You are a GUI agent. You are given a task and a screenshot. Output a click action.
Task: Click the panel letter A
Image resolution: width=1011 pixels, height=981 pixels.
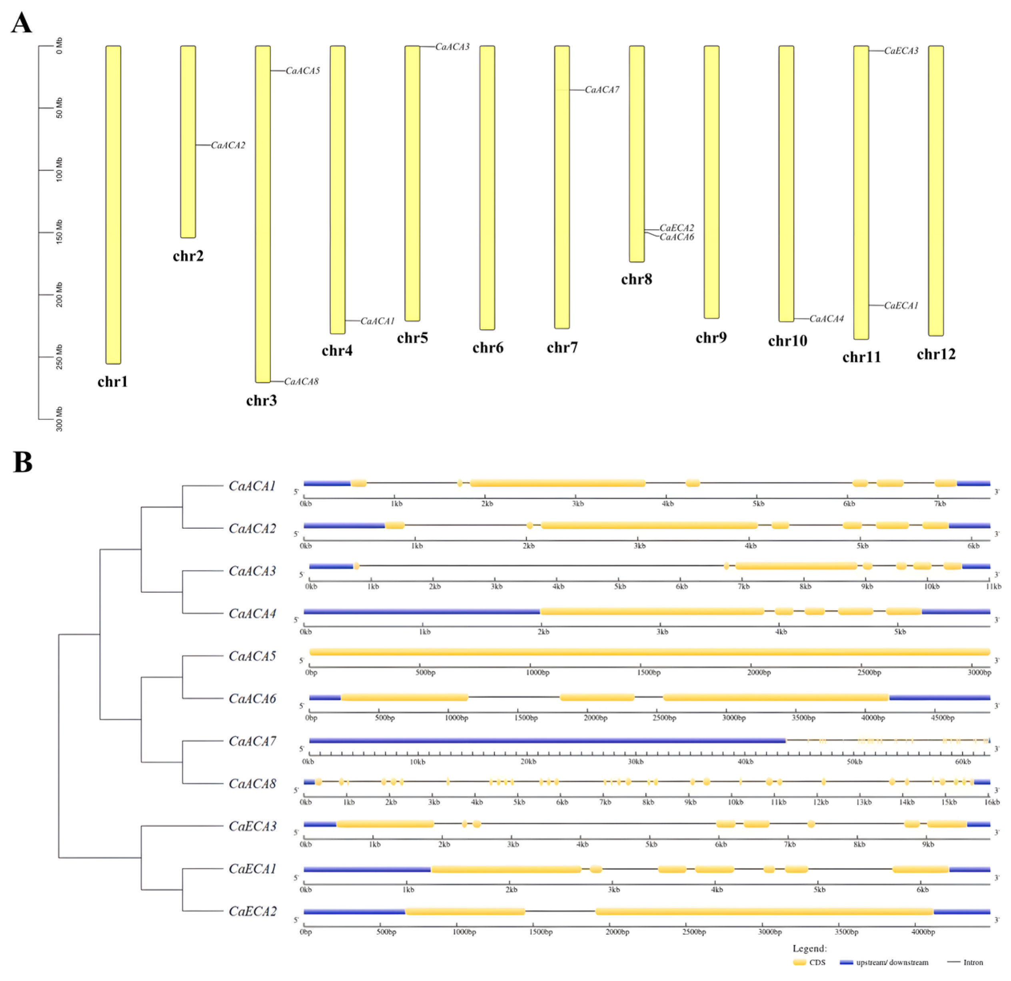pos(21,24)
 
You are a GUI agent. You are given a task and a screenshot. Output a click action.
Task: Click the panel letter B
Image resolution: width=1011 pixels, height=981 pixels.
pos(23,462)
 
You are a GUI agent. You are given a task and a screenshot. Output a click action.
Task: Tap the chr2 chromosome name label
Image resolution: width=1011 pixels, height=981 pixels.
pos(188,256)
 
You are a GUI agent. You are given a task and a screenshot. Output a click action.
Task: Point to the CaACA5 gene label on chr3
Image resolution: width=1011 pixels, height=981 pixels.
pos(303,71)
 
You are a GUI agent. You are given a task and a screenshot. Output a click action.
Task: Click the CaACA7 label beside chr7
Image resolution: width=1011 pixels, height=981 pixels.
pos(602,90)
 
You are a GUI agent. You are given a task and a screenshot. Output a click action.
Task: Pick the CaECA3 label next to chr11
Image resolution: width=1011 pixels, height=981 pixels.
pos(901,50)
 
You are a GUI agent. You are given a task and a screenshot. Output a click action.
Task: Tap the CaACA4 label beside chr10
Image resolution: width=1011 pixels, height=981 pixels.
pos(826,319)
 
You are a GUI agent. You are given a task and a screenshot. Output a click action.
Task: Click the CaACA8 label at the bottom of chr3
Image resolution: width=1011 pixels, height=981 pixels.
pos(301,382)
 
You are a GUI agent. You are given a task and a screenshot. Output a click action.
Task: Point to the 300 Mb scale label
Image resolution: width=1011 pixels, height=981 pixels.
pos(59,419)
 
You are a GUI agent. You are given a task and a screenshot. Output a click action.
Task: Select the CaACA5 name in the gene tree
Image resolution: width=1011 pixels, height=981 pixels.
pos(252,656)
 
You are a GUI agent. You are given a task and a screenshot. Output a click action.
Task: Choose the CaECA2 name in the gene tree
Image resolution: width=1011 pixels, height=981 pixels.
pos(252,911)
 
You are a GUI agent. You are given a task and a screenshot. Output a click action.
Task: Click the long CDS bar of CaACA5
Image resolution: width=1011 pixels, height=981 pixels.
pos(649,652)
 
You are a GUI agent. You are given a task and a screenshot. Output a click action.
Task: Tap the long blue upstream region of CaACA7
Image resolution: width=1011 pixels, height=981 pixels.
pos(547,741)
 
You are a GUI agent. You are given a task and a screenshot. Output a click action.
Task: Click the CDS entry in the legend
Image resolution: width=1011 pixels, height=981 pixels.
pos(810,963)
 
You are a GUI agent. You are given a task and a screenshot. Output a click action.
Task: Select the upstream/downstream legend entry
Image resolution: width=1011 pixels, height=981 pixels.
pos(885,963)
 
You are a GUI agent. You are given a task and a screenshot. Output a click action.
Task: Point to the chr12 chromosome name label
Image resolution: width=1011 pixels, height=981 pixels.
pos(936,354)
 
